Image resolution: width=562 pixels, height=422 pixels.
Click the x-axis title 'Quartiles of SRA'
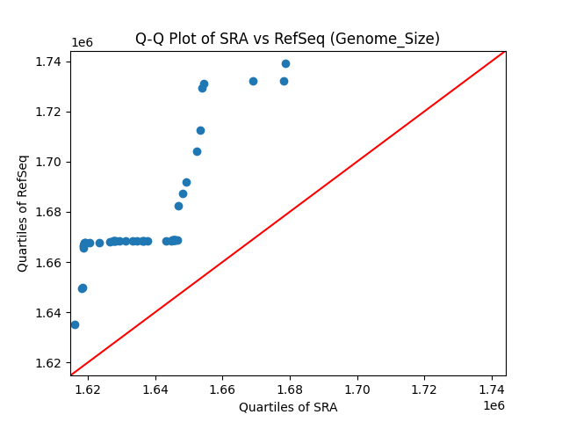(x=288, y=407)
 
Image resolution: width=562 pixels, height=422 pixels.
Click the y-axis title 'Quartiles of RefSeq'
(x=23, y=213)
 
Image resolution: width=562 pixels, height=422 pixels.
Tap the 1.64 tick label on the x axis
(x=155, y=389)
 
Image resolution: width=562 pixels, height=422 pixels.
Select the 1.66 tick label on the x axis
(x=223, y=389)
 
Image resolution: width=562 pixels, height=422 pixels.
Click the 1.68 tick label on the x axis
(x=290, y=389)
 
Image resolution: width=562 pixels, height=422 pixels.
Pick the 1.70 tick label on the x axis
(x=357, y=389)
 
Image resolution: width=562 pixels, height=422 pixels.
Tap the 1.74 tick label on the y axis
(x=49, y=62)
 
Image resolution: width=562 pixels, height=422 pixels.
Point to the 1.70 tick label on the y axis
(x=49, y=162)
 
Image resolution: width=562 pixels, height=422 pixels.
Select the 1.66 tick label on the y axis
(x=49, y=263)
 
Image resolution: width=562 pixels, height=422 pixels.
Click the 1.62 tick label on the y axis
(x=49, y=363)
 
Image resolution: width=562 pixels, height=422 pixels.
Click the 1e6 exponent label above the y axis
(x=82, y=43)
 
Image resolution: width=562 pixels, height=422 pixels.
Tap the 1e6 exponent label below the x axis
(x=494, y=405)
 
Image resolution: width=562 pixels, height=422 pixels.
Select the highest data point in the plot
(x=285, y=63)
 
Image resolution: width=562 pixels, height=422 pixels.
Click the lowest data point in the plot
(x=75, y=324)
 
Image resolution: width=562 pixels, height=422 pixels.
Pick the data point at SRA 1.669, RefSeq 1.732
(x=253, y=81)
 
